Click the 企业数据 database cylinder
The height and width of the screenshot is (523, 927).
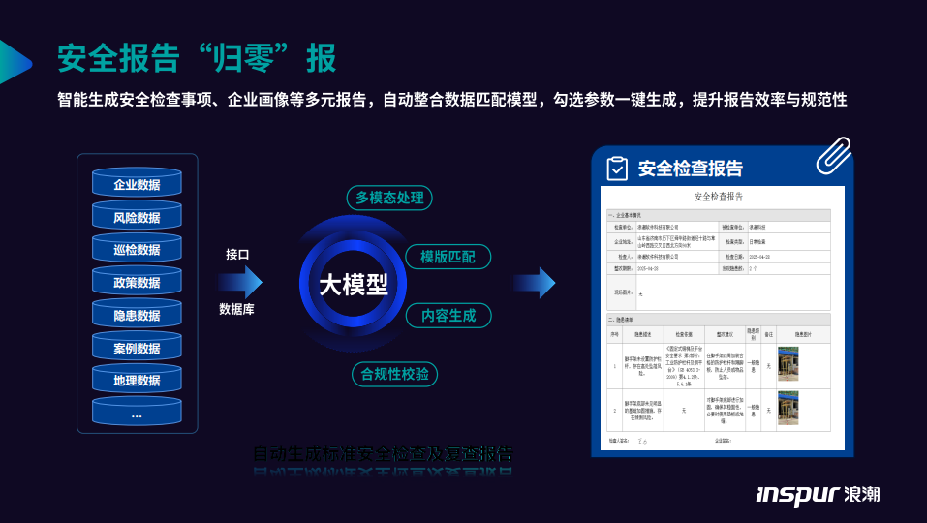[x=137, y=183]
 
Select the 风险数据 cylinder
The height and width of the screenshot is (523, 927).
[x=137, y=216]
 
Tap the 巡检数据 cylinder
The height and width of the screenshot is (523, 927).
[x=137, y=249]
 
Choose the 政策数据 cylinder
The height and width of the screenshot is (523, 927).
[x=137, y=282]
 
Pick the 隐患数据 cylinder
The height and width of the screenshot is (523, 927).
[x=137, y=315]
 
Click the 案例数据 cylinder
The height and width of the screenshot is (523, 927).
[x=137, y=348]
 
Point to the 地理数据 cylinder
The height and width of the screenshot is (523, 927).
[x=137, y=380]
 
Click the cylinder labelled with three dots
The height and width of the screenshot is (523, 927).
[x=137, y=413]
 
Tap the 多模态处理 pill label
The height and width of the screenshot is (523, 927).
[x=389, y=198]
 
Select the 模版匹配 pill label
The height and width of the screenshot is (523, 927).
[x=448, y=257]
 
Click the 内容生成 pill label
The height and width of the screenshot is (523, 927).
[x=448, y=315]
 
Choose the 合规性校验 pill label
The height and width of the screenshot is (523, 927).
[x=393, y=374]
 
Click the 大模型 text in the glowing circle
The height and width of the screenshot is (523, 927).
[x=354, y=285]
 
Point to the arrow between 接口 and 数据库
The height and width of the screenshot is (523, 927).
[x=240, y=282]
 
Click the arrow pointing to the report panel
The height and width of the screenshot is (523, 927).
[x=535, y=282]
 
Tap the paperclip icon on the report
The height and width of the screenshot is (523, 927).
[x=832, y=155]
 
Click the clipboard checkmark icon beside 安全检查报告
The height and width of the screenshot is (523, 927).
[x=617, y=169]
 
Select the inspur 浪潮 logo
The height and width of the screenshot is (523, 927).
[x=818, y=494]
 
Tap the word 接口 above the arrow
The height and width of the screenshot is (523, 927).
[x=237, y=254]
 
